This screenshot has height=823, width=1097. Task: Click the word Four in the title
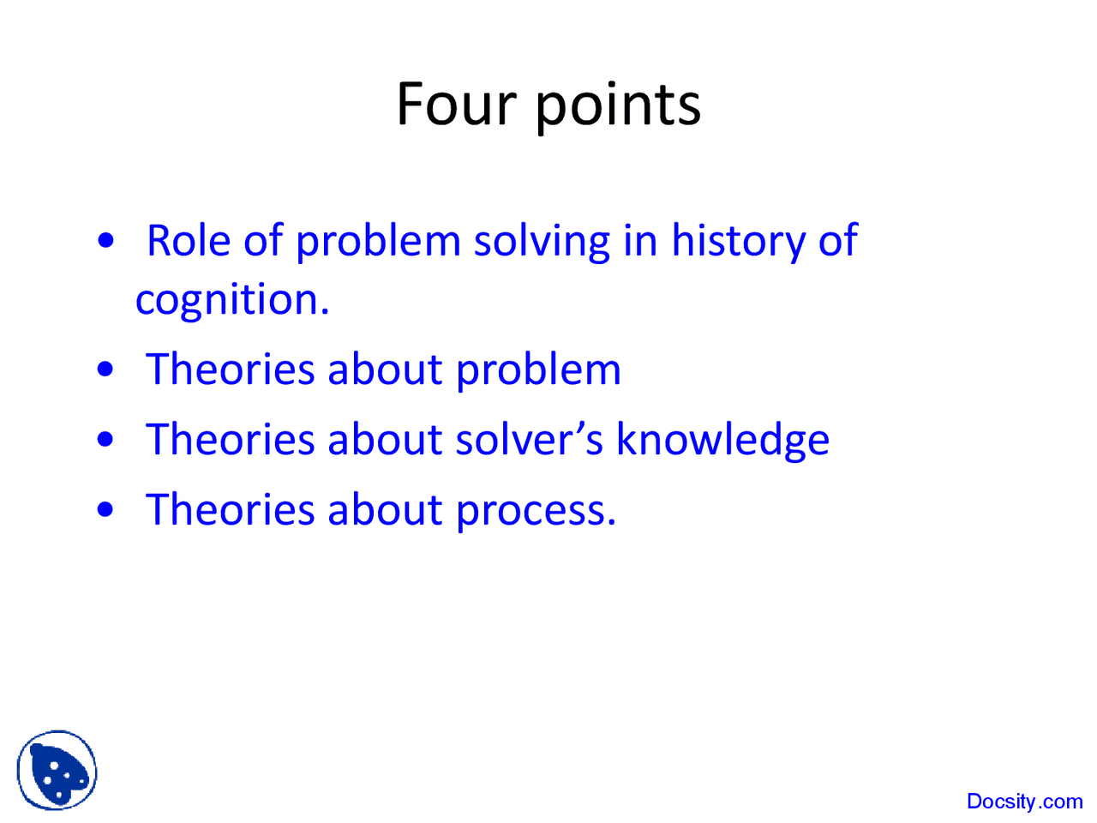click(455, 105)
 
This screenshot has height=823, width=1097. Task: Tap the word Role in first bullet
click(188, 241)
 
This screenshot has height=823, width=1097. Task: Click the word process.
click(535, 512)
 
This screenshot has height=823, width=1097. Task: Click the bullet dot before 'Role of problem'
click(106, 241)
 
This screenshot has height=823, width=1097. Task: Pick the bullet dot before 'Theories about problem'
click(106, 369)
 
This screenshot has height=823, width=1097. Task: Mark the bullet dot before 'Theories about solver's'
click(106, 440)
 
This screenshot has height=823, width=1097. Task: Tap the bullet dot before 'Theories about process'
click(106, 510)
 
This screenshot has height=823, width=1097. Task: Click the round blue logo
click(57, 770)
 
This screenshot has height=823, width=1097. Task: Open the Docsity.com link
click(1024, 802)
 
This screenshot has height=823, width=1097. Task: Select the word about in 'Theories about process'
click(384, 510)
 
